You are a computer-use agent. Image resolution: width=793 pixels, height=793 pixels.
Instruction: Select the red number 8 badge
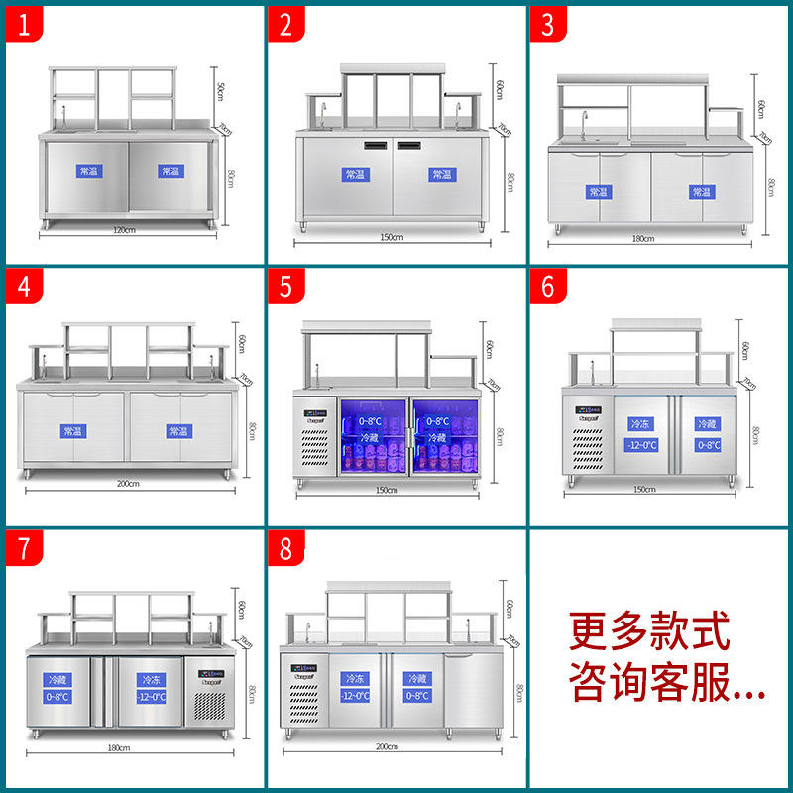[x=285, y=550]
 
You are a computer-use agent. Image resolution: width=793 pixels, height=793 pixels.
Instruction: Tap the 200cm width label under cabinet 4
[x=128, y=483]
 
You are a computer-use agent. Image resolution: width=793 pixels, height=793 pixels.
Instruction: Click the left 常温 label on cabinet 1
[x=89, y=171]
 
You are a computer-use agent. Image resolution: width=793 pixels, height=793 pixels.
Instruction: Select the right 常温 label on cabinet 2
[x=441, y=174]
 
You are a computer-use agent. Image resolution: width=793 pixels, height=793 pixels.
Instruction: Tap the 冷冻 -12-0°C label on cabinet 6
[x=640, y=434]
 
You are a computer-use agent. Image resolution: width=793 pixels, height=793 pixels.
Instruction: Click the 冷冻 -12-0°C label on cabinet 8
[x=354, y=687]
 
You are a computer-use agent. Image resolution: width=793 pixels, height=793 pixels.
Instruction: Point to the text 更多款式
[x=649, y=629]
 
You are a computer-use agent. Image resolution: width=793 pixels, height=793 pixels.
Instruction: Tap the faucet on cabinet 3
[x=585, y=125]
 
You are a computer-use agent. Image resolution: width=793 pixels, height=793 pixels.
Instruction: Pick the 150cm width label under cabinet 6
[x=644, y=490]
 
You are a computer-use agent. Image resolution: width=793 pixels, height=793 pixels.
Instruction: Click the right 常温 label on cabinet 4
[x=179, y=431]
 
